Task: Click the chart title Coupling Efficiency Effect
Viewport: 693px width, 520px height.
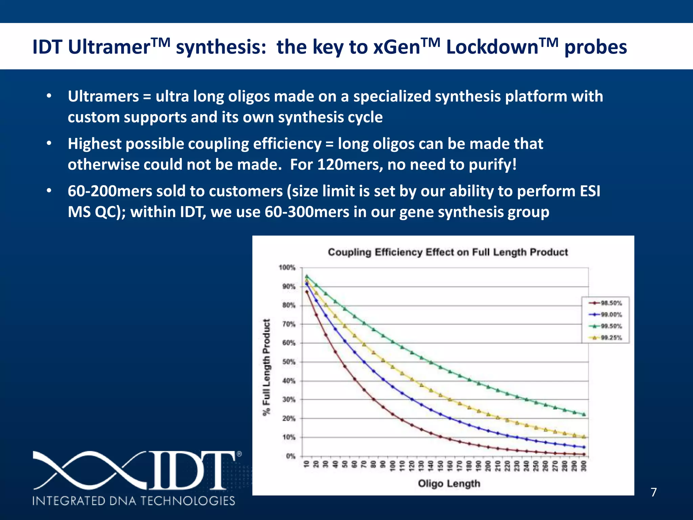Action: tap(448, 252)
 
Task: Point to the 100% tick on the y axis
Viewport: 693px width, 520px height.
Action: tap(287, 268)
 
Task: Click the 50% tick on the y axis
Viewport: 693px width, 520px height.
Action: tap(289, 362)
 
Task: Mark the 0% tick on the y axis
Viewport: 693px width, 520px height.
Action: tap(291, 456)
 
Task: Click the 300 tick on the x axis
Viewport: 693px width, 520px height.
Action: tap(584, 465)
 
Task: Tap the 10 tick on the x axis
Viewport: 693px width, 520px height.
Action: tap(307, 464)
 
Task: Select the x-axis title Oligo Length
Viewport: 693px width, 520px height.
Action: tap(449, 483)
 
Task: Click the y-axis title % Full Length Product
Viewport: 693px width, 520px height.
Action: tap(267, 367)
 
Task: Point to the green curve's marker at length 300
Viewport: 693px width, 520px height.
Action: tap(584, 414)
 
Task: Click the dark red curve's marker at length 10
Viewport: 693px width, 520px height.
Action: tap(307, 291)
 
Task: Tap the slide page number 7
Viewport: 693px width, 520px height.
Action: tap(654, 492)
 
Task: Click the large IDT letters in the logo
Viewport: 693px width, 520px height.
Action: tap(191, 470)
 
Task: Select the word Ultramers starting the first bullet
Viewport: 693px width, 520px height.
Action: tap(103, 96)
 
